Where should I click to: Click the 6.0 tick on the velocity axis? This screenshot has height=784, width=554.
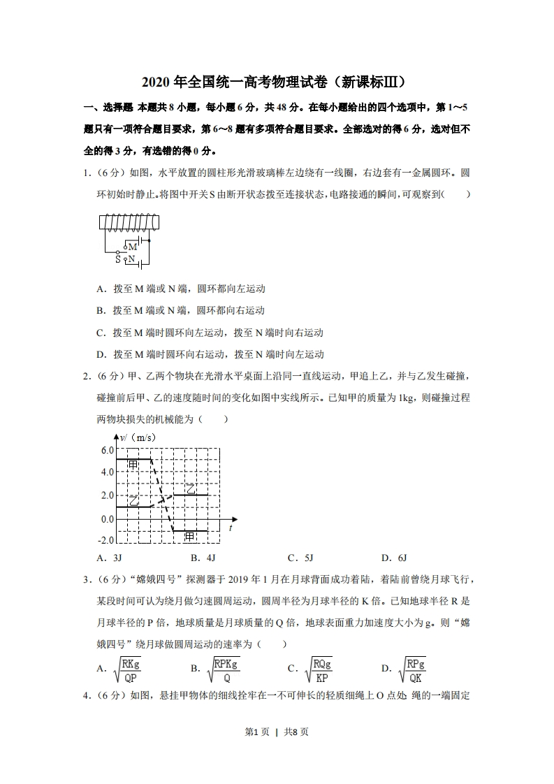tap(106, 450)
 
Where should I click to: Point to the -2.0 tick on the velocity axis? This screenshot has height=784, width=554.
tap(105, 540)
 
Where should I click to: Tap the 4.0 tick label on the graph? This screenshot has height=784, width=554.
tap(106, 472)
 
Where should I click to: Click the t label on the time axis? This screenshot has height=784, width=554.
tap(230, 529)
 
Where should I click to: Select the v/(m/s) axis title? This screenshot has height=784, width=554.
tap(138, 437)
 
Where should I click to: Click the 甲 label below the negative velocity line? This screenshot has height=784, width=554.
tap(189, 536)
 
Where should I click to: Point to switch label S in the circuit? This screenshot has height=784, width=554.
tap(118, 259)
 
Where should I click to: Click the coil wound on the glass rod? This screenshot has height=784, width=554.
tap(130, 222)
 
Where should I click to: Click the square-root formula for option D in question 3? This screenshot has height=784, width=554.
tap(412, 669)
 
